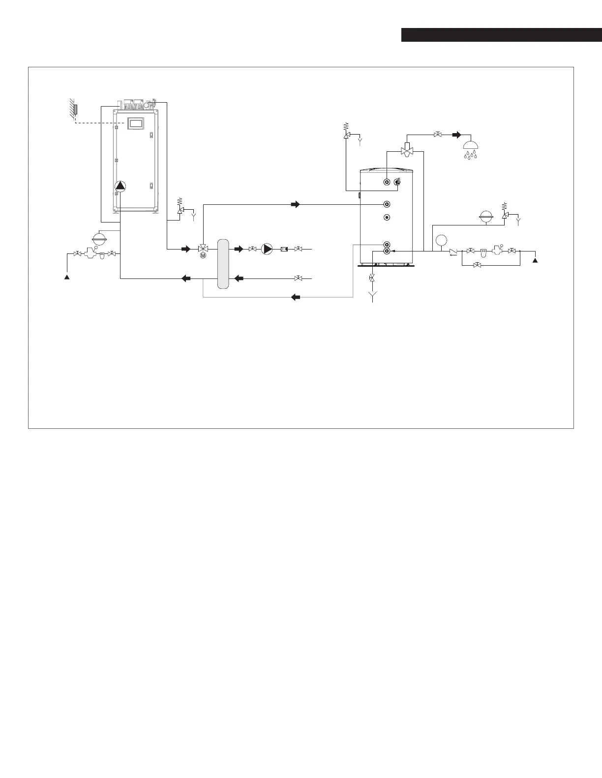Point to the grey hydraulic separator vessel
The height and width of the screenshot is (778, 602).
pos(223,263)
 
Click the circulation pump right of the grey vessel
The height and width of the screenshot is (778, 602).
pos(267,249)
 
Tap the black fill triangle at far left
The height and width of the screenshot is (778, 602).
pos(67,277)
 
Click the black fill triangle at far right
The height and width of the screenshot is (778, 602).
pos(536,260)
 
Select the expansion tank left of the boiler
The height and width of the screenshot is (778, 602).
pos(99,239)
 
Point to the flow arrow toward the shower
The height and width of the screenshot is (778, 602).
pos(457,134)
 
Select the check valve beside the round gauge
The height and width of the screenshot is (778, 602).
pos(453,251)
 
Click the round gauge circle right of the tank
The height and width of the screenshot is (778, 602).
pos(441,241)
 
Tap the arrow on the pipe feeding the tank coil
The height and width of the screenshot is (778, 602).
pos(296,204)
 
